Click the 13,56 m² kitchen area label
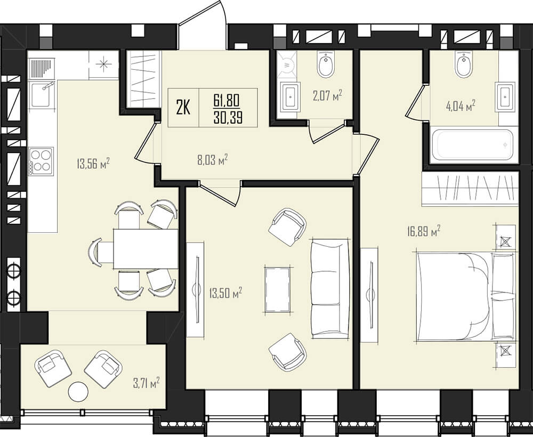93,164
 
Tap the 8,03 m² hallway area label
212,159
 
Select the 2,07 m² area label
327,95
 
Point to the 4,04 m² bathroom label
461,106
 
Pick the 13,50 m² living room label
225,293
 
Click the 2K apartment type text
183,108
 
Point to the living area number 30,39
228,118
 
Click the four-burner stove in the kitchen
41,161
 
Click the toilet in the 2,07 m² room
326,64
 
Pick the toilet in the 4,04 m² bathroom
464,64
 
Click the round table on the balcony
78,392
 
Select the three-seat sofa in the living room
330,289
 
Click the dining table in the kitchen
146,249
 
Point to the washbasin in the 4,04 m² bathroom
505,96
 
